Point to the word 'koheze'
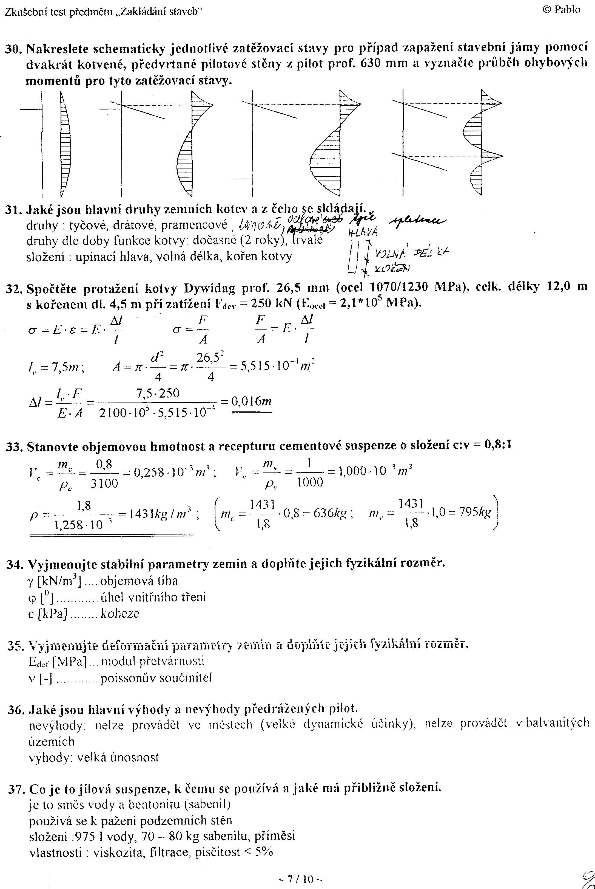coord(120,614)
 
